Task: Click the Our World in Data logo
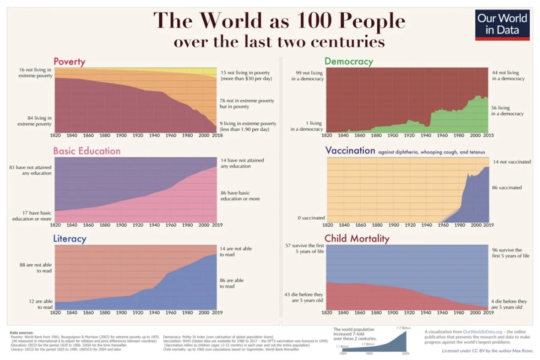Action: (x=502, y=24)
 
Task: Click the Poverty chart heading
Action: (x=69, y=62)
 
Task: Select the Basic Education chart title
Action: (x=87, y=151)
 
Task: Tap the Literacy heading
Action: (x=70, y=239)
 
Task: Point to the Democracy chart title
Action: (x=349, y=61)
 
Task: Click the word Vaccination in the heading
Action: (x=350, y=150)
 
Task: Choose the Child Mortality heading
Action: (x=357, y=238)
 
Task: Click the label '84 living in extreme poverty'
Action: (x=35, y=121)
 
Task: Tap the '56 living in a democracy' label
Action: (x=507, y=111)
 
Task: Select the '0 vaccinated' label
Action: (x=311, y=218)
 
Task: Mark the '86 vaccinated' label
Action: (x=507, y=188)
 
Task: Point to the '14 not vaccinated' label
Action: (x=511, y=162)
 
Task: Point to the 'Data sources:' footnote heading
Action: (x=21, y=333)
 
